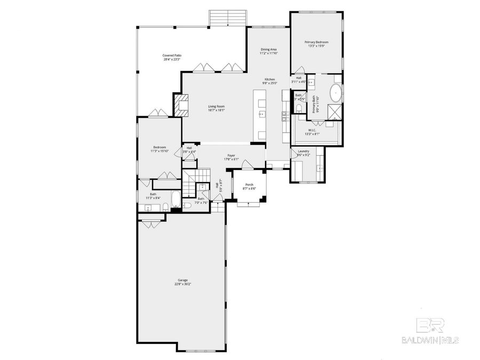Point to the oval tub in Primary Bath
pyautogui.click(x=336, y=93)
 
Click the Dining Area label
pyautogui.click(x=268, y=51)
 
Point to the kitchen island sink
pyautogui.click(x=261, y=114)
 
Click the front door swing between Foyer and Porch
pyautogui.click(x=246, y=165)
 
